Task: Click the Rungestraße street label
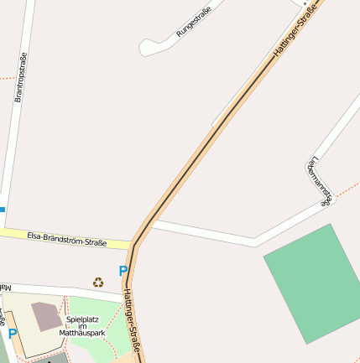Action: (193, 21)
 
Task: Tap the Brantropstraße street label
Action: (22, 77)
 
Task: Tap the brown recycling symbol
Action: (98, 283)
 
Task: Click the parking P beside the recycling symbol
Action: (123, 272)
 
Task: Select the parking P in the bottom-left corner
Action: (13, 334)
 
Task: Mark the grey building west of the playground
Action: (47, 316)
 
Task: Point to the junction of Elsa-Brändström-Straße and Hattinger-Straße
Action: (133, 245)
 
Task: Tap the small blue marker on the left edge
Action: (3, 208)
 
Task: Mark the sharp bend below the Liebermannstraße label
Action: (326, 200)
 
